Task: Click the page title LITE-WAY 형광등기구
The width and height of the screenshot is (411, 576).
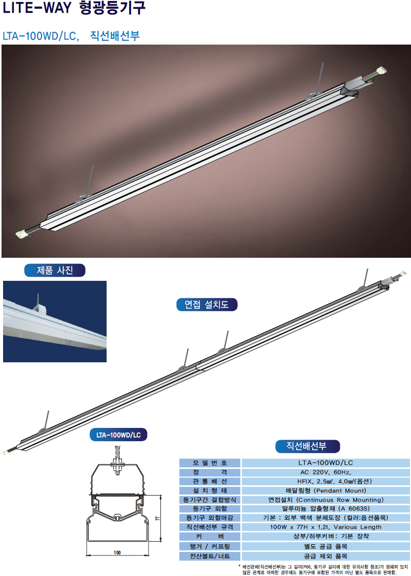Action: coord(74,8)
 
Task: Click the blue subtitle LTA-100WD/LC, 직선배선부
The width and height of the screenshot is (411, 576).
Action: coord(71,36)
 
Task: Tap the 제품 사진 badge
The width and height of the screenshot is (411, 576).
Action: coord(55,271)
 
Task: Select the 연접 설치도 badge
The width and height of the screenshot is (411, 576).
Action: coord(207,304)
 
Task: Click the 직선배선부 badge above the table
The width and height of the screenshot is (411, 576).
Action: coord(307,446)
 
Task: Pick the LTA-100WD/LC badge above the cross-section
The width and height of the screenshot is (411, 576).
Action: coord(118,435)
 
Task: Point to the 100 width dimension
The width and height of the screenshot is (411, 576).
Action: coord(117,552)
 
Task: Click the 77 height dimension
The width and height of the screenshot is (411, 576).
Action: coord(157,519)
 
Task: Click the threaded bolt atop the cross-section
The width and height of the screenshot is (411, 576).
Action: coord(117,461)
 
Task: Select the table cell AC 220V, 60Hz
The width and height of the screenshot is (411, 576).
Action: coord(325,472)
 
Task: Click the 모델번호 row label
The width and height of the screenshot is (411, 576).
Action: coord(210,463)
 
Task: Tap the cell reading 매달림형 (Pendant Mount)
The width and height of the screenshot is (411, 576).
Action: coord(325,490)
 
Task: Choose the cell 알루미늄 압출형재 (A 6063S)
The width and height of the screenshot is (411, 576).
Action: coord(325,508)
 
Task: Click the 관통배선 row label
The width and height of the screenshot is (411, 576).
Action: coord(210,481)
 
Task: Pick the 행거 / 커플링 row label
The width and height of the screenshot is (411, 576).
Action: coord(210,546)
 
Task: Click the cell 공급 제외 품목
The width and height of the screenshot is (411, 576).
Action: coord(325,556)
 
